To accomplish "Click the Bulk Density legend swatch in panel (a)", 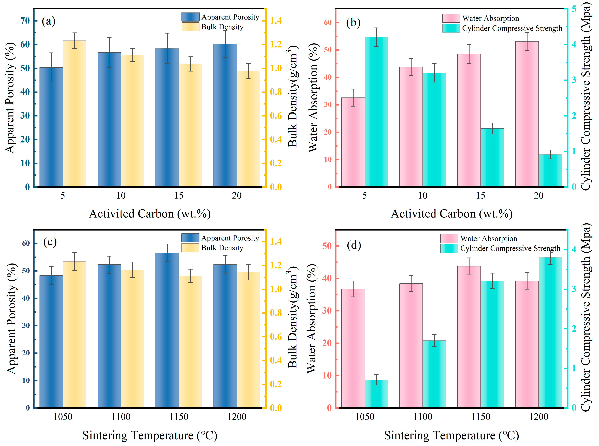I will point(190,27).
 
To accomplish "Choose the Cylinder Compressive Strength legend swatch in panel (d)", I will point(449,248).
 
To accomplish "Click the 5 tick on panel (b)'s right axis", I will point(574,9).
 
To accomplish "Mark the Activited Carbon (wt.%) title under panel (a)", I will point(150,214).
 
